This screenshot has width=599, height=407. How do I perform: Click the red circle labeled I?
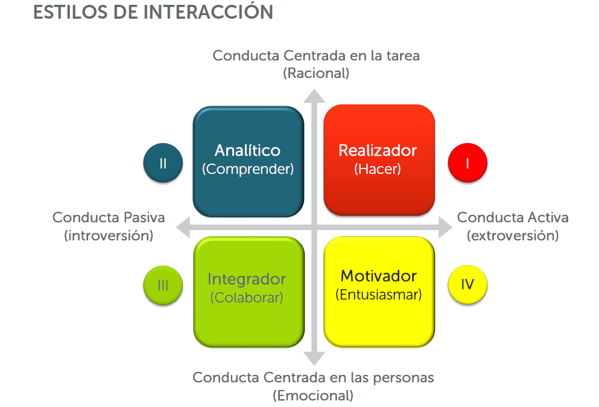[467, 162]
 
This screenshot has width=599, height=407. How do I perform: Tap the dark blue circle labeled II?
[163, 162]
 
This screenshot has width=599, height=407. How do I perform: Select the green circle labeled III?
[163, 285]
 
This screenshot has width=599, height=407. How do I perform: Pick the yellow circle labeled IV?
[467, 284]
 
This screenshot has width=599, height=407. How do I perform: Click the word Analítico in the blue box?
[247, 150]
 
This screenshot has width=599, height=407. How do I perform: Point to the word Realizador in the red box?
[378, 150]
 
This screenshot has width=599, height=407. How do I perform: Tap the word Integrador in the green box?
[247, 280]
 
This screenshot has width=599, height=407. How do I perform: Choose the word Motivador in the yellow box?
[379, 276]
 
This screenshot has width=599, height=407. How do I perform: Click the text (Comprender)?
[248, 169]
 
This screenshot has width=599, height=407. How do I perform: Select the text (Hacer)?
[378, 168]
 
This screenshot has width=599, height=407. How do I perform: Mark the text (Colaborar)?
[247, 298]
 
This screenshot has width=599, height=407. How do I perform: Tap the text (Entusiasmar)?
[379, 295]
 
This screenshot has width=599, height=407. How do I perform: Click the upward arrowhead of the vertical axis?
[314, 97]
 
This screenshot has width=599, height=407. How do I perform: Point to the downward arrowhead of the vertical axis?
[314, 358]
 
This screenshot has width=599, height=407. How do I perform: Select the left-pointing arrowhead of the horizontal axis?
[183, 227]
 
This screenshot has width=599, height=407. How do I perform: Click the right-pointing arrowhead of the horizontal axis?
[445, 227]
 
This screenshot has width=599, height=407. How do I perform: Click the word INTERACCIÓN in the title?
[208, 11]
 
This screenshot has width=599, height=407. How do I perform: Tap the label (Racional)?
[316, 73]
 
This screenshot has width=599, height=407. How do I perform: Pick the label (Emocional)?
[313, 396]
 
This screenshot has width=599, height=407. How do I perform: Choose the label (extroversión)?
[513, 236]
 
